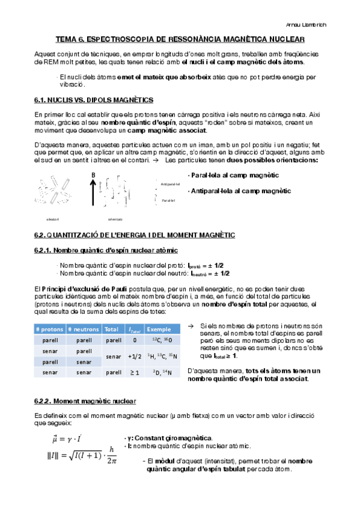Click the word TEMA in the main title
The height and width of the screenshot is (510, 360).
(66, 39)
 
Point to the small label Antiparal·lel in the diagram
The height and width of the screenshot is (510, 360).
(171, 184)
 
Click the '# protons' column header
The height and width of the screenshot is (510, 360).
(49, 329)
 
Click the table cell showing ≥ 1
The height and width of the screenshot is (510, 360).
(135, 373)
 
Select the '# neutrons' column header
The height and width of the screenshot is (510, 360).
(83, 329)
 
